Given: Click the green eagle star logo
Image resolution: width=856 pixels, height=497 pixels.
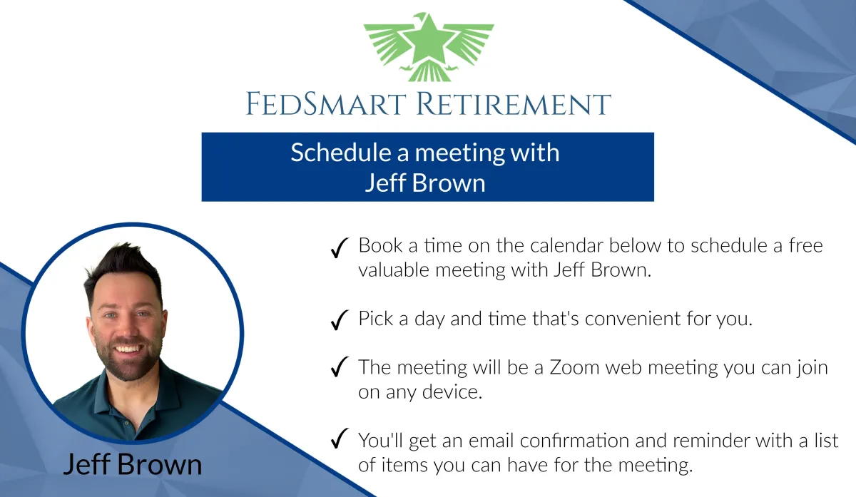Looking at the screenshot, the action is tap(429, 47).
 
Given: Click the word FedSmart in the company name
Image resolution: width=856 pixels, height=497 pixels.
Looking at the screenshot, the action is tap(325, 103).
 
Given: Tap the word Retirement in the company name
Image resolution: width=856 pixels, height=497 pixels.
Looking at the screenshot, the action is tap(514, 103).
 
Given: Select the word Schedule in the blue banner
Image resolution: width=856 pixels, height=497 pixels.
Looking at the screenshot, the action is tap(341, 153).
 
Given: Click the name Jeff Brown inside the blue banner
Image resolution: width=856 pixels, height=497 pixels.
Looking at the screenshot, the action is tap(425, 183).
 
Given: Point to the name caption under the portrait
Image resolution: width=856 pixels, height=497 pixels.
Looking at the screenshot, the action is tap(132, 464).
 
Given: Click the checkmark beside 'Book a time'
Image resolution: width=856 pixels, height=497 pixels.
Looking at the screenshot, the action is tap(340, 248).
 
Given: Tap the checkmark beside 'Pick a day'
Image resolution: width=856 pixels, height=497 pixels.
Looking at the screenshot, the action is tap(340, 319).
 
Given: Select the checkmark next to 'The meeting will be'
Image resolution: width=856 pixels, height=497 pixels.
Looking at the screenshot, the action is tap(340, 367).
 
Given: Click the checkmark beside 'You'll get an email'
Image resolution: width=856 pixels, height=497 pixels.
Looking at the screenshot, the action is tap(340, 438).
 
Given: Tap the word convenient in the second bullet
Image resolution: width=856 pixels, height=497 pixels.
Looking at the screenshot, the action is tap(633, 319).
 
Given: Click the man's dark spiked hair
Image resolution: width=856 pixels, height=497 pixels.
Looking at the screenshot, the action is tap(122, 267).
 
